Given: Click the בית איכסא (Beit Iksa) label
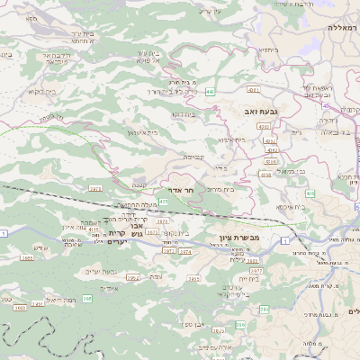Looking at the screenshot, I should coord(290,207).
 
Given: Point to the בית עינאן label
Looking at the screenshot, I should coord(140,132).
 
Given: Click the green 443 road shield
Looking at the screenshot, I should coord(210,92).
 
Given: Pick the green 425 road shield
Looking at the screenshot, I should coord(163,201).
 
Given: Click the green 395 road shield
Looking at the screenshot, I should coord(87,298).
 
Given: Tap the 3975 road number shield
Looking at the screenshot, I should coord(162,221).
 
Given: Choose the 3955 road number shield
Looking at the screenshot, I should coord(20,308).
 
